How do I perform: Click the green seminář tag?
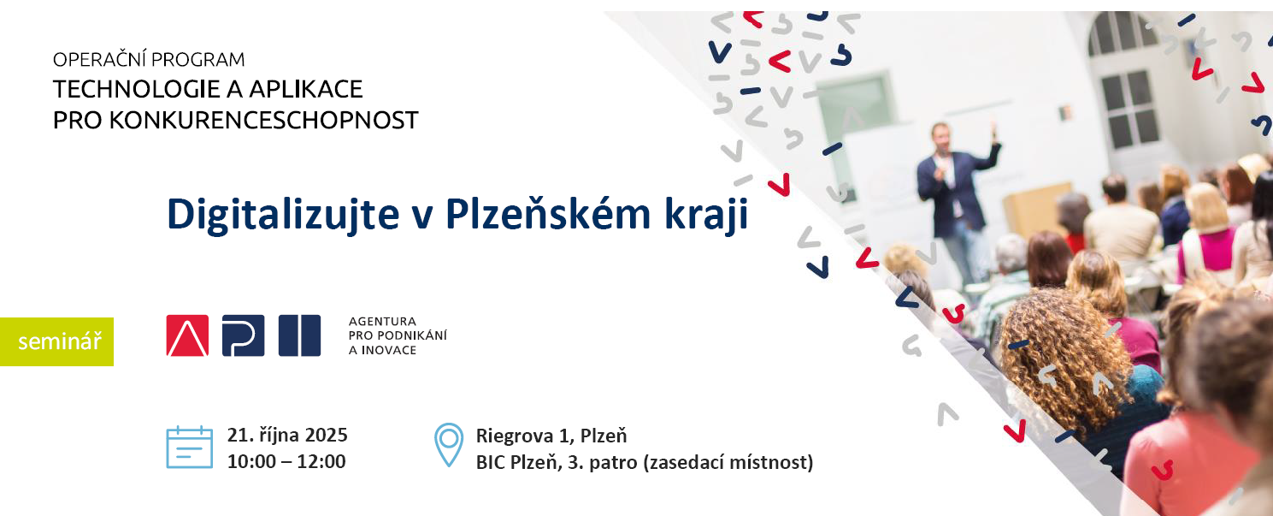tap(56, 341)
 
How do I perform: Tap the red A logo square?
tap(187, 335)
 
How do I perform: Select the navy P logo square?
tap(244, 335)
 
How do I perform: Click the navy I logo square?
tap(299, 335)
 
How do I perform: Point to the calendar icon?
tap(190, 448)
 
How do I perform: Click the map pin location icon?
tap(449, 444)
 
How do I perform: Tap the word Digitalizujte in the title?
tap(283, 215)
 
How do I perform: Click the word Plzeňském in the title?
tap(548, 214)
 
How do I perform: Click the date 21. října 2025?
tap(287, 436)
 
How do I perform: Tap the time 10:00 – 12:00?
tap(286, 461)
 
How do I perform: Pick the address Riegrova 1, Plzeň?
tap(551, 436)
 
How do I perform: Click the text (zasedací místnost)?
tap(728, 462)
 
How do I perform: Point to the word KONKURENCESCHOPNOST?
tap(263, 120)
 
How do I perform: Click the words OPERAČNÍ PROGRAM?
tap(149, 59)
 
